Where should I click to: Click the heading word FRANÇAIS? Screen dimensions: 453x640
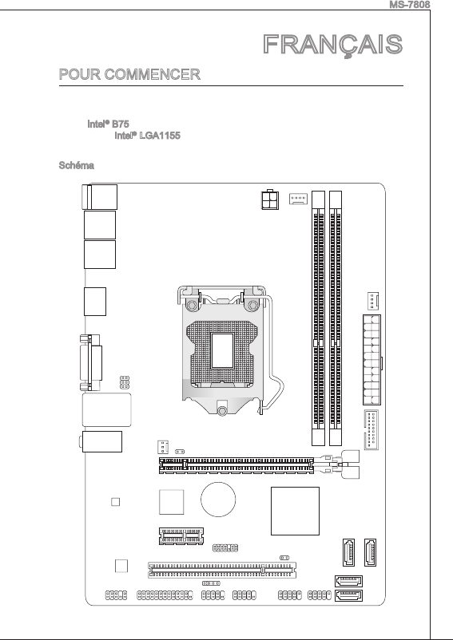pyautogui.click(x=333, y=45)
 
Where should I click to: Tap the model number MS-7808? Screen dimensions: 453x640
pyautogui.click(x=410, y=5)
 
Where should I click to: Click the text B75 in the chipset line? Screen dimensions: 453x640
pyautogui.click(x=121, y=124)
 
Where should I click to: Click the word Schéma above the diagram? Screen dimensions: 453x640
pyautogui.click(x=77, y=165)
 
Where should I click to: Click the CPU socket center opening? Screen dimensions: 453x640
pyautogui.click(x=222, y=350)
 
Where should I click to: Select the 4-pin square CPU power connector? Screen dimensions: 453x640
pyautogui.click(x=270, y=200)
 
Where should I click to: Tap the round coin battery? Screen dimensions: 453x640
pyautogui.click(x=218, y=500)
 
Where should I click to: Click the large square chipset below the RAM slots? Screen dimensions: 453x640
pyautogui.click(x=295, y=511)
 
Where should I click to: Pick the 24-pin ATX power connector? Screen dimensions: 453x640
pyautogui.click(x=372, y=360)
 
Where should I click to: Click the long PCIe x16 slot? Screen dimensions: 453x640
pyautogui.click(x=236, y=466)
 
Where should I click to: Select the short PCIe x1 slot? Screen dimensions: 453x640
pyautogui.click(x=181, y=535)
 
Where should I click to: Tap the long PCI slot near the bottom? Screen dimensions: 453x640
pyautogui.click(x=222, y=570)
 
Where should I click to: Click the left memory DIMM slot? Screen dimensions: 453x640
pyautogui.click(x=318, y=318)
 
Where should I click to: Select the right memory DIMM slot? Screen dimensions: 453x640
pyautogui.click(x=336, y=318)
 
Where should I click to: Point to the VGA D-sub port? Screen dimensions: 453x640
pyautogui.click(x=91, y=362)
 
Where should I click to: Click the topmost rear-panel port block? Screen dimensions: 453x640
pyautogui.click(x=100, y=197)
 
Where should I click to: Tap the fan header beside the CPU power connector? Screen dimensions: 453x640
pyautogui.click(x=298, y=199)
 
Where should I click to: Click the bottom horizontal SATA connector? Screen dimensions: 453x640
pyautogui.click(x=348, y=596)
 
